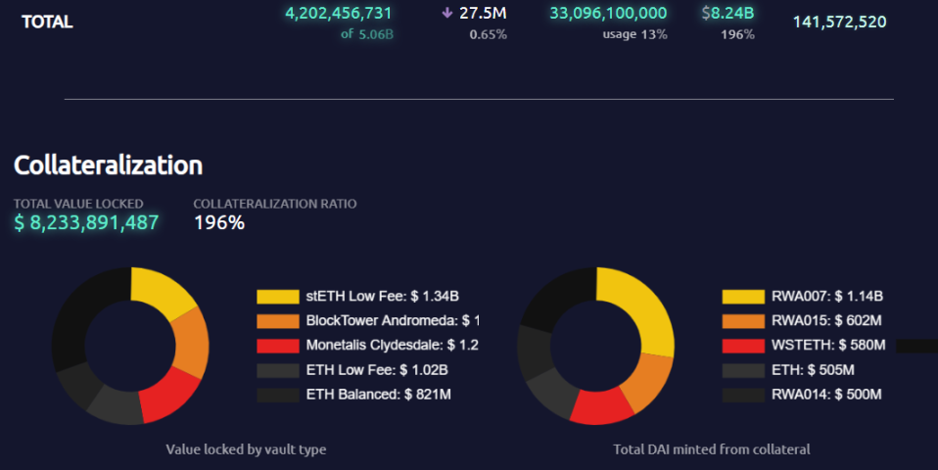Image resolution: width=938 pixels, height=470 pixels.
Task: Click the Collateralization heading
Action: tap(108, 165)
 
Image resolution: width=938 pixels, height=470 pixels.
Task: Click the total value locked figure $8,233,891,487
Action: tap(86, 223)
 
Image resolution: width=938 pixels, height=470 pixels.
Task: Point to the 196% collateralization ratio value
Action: tap(218, 223)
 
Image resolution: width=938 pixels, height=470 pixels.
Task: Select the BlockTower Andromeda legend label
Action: tap(393, 321)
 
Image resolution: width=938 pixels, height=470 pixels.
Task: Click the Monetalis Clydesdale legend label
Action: tap(392, 346)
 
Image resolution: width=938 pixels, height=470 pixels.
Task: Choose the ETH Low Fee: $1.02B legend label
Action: tap(376, 370)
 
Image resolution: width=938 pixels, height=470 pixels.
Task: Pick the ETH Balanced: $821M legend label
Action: tap(378, 395)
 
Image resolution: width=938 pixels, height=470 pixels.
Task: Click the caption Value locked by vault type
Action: tap(246, 449)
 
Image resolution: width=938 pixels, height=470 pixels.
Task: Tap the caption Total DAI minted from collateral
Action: tap(712, 449)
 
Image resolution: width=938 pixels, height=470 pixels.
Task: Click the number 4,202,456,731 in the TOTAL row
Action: tap(338, 14)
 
